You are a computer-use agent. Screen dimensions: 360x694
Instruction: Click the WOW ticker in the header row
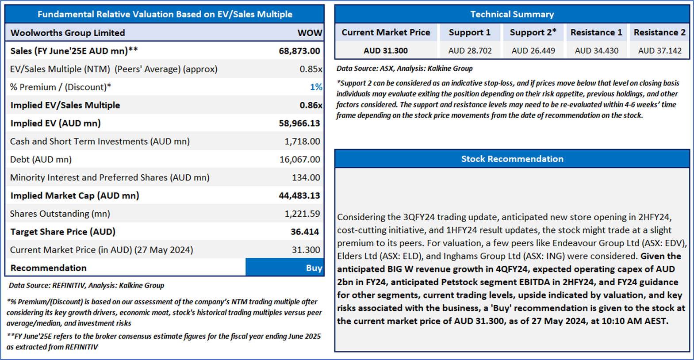click(310, 33)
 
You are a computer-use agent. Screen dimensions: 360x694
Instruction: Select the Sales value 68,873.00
click(299, 51)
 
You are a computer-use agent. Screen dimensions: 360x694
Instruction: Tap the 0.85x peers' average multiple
click(311, 69)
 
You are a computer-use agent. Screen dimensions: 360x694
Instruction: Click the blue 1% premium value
click(316, 87)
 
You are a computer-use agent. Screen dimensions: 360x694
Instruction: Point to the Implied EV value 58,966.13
click(299, 123)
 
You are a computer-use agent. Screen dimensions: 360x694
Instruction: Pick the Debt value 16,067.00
click(299, 160)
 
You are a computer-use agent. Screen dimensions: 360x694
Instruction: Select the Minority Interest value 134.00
click(306, 178)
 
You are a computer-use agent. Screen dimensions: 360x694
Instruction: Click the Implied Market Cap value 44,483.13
click(299, 196)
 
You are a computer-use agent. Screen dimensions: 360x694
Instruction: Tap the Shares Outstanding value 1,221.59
click(302, 214)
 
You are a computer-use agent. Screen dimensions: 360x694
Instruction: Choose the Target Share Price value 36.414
click(305, 232)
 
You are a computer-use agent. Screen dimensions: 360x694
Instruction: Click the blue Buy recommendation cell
click(285, 268)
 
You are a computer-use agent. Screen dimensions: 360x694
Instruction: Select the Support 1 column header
click(469, 32)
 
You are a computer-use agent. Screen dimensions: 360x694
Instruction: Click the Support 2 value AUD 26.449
click(533, 51)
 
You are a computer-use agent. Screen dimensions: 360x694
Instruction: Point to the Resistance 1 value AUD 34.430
click(596, 51)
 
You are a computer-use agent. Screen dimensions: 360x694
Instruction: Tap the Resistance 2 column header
click(659, 32)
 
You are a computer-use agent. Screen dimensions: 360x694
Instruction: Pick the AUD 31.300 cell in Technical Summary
click(386, 51)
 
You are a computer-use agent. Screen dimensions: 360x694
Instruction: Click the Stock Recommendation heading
click(512, 159)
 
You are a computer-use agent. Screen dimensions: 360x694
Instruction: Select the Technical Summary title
click(512, 14)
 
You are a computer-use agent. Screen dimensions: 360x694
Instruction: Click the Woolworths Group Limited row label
click(68, 33)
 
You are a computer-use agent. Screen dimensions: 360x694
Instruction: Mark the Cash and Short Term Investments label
click(100, 142)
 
